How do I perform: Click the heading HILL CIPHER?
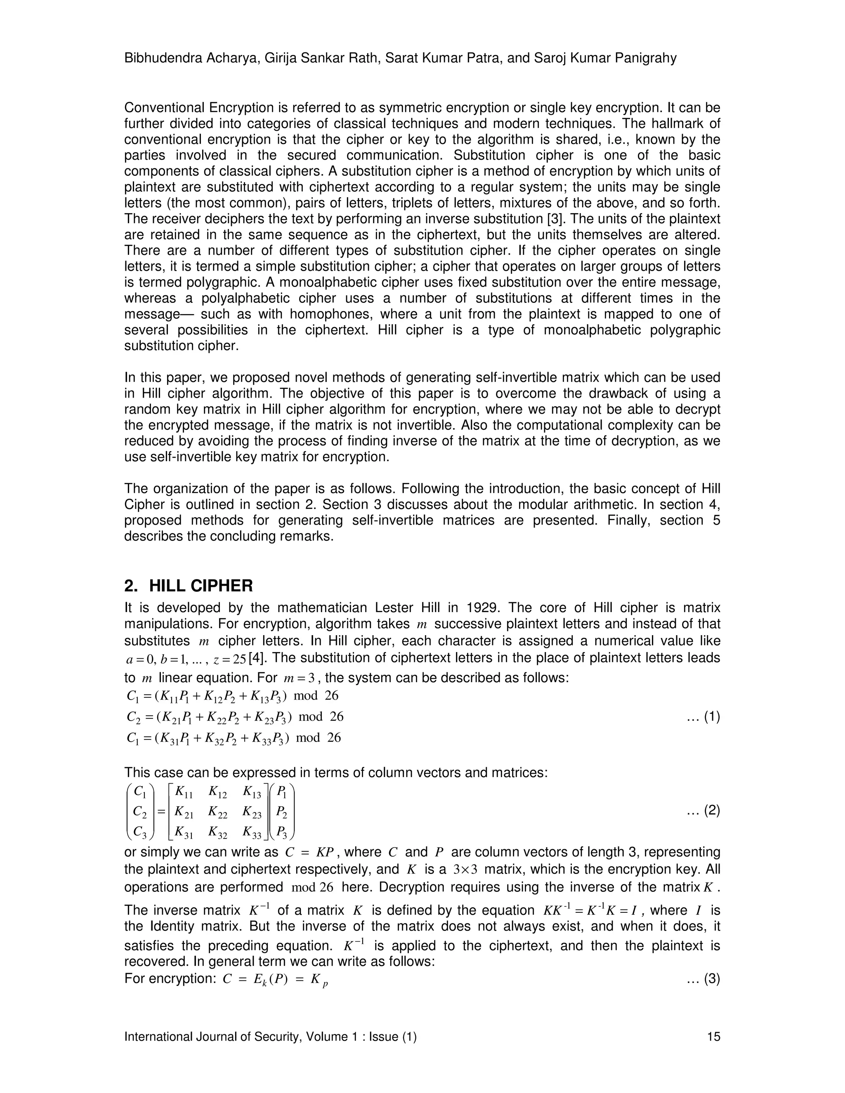click(201, 586)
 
